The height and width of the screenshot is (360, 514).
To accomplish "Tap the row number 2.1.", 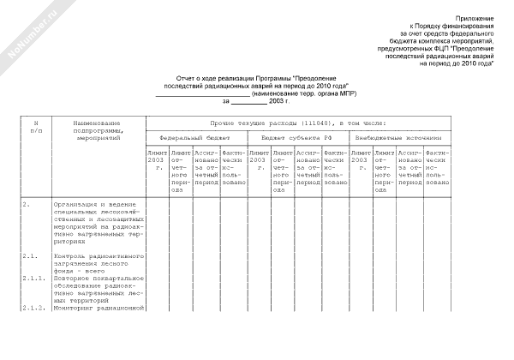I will (29, 256).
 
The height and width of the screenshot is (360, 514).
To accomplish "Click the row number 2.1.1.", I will (33, 278).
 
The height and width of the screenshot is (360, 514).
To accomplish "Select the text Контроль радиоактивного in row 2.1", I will (97, 256).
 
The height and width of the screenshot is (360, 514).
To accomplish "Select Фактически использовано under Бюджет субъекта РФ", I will (335, 167).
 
